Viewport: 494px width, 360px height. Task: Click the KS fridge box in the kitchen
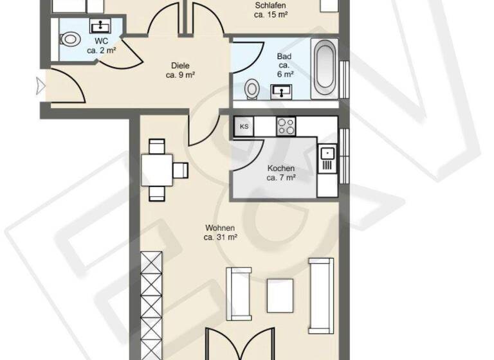[x=244, y=126]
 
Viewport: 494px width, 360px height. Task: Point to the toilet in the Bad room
[x=253, y=87]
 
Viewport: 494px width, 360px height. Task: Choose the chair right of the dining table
[x=181, y=170]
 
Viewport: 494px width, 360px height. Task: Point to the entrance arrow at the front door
[x=41, y=83]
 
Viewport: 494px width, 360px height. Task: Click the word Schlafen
[x=270, y=5]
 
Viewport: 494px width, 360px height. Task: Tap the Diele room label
[x=180, y=65]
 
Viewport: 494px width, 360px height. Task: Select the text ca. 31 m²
[x=221, y=237]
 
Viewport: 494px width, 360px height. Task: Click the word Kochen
[x=281, y=168]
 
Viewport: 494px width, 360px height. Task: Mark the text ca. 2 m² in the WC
[x=101, y=50]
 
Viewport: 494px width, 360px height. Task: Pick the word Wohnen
[x=220, y=228]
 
